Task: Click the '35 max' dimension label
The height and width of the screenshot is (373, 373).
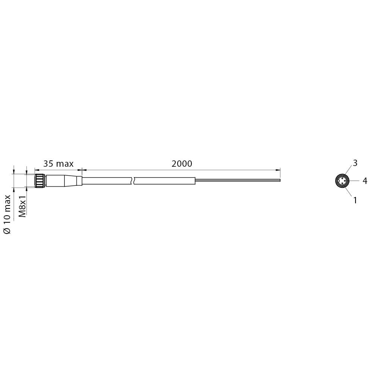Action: pos(58,164)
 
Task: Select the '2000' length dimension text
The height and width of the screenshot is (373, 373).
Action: pos(182,164)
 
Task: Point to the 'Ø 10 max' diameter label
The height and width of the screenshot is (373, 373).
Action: pos(7,214)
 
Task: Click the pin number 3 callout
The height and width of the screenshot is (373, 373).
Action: pos(355,163)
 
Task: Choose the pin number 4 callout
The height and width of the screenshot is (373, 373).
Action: pos(365,181)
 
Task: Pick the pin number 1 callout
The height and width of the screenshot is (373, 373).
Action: pos(355,200)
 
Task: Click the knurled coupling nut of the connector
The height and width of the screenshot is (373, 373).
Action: pos(40,181)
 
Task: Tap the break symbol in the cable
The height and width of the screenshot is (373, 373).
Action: pos(133,181)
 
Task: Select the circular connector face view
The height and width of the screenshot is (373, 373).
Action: pos(342,181)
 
